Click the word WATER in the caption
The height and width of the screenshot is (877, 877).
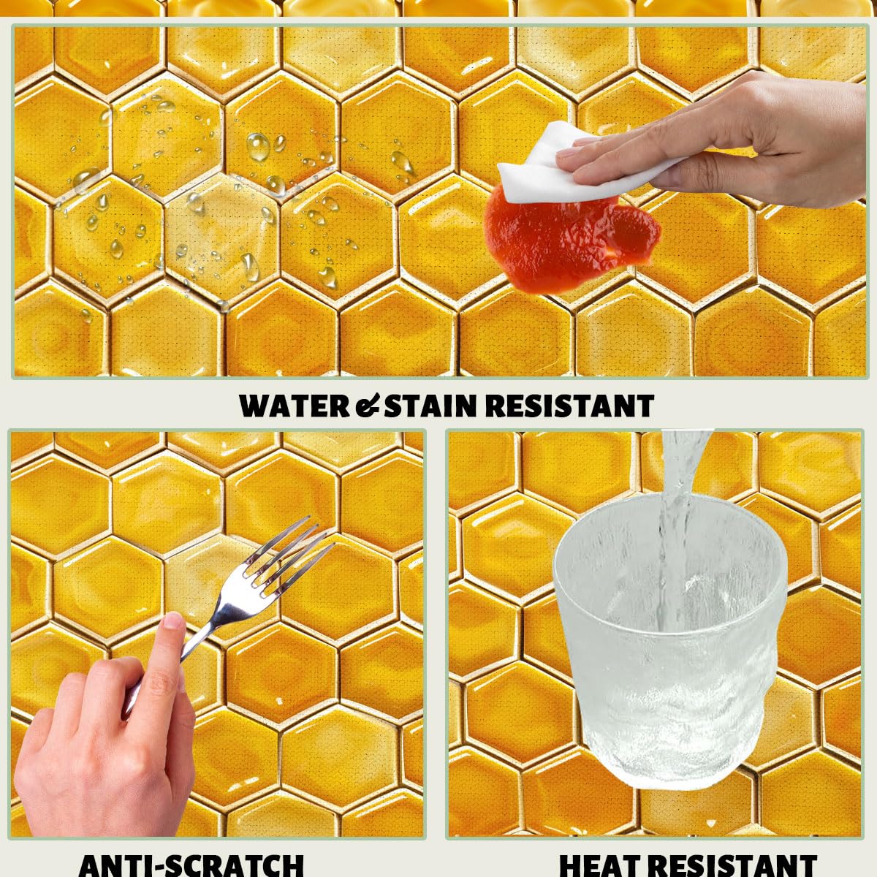coord(295,406)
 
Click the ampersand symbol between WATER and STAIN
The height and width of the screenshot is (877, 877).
coord(368,406)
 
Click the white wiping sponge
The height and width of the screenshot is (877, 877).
coord(587,166)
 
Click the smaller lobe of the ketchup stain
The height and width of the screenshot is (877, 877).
coord(635,232)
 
